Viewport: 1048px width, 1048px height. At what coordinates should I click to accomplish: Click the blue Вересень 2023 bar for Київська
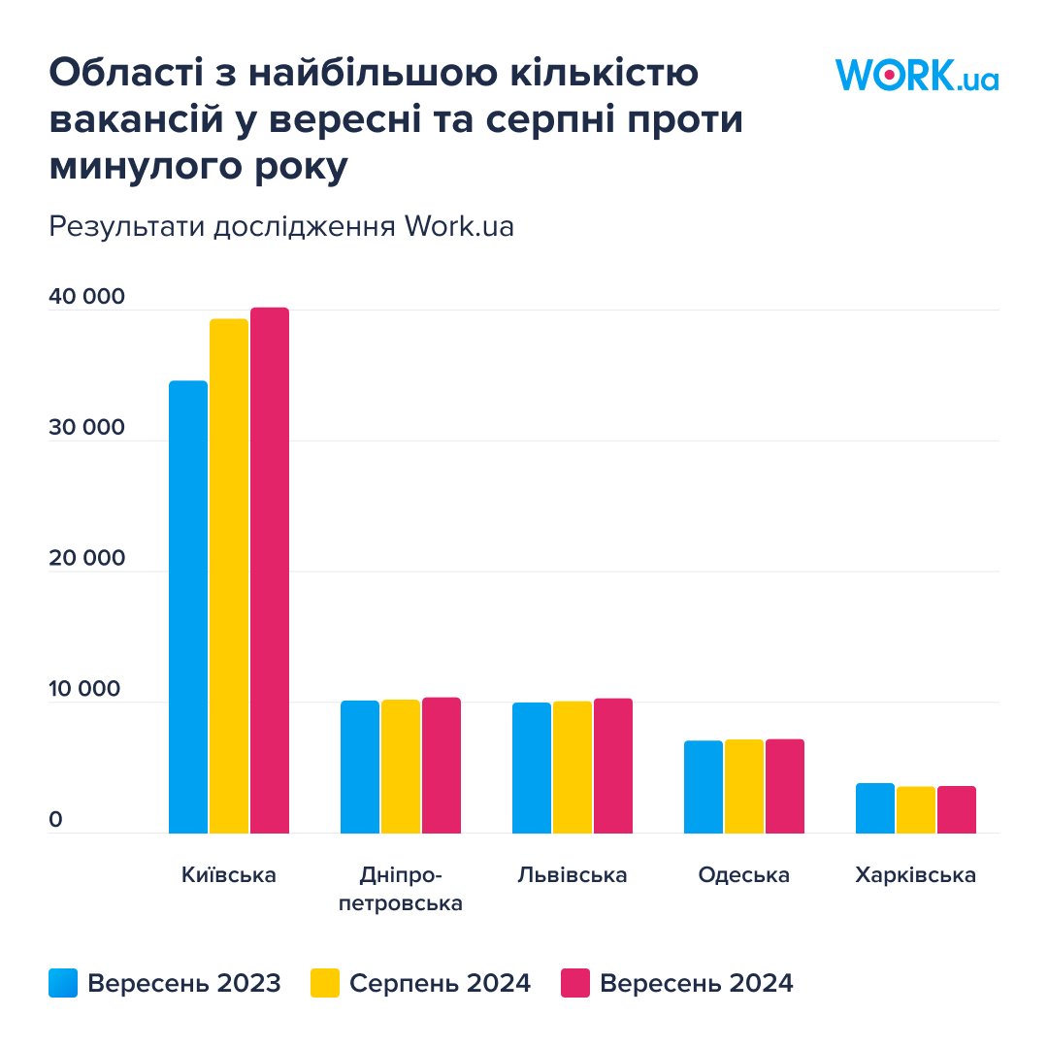pyautogui.click(x=188, y=606)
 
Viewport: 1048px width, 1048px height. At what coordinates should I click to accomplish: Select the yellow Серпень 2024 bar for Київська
pyautogui.click(x=229, y=575)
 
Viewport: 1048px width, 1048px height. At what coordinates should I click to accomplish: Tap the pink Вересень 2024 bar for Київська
pyautogui.click(x=270, y=570)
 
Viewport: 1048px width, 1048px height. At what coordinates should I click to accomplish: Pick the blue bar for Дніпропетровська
pyautogui.click(x=360, y=767)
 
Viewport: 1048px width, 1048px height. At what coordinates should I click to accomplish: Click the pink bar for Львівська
pyautogui.click(x=613, y=766)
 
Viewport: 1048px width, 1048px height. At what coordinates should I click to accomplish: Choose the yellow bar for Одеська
pyautogui.click(x=744, y=786)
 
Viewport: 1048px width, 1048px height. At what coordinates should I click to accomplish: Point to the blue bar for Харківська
pyautogui.click(x=875, y=807)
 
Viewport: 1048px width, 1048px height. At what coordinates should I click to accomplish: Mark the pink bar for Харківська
pyautogui.click(x=957, y=809)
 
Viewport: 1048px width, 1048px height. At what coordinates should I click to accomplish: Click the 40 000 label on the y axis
pyautogui.click(x=87, y=297)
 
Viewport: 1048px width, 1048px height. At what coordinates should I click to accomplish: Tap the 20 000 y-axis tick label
pyautogui.click(x=87, y=559)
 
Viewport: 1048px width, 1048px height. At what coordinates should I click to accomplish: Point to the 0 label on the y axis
pyautogui.click(x=55, y=821)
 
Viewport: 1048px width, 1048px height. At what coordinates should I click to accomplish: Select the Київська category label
pyautogui.click(x=229, y=875)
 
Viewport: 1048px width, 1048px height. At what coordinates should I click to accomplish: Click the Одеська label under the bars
pyautogui.click(x=744, y=875)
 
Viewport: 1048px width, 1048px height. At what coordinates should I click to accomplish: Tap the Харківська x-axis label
pyautogui.click(x=916, y=875)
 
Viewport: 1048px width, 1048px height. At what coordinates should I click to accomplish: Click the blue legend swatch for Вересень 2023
pyautogui.click(x=63, y=983)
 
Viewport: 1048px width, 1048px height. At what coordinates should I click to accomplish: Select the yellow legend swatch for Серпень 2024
pyautogui.click(x=325, y=983)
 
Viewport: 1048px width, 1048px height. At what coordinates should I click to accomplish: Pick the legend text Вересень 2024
pyautogui.click(x=697, y=983)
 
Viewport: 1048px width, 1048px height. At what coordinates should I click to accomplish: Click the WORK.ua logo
pyautogui.click(x=916, y=75)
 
